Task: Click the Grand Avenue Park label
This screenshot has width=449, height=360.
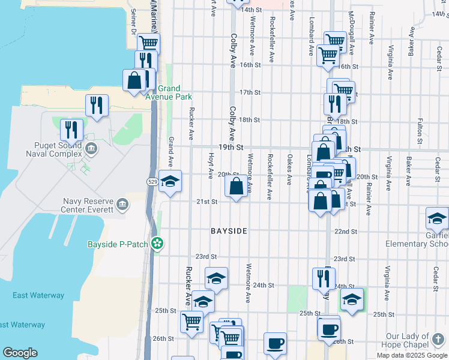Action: pyautogui.click(x=174, y=92)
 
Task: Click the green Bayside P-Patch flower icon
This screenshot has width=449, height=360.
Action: pyautogui.click(x=157, y=244)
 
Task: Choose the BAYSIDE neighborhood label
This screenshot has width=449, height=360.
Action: pyautogui.click(x=229, y=231)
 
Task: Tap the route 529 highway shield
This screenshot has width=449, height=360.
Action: pyautogui.click(x=152, y=181)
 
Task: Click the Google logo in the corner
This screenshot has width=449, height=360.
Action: pyautogui.click(x=20, y=353)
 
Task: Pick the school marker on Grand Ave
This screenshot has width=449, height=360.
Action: pyautogui.click(x=170, y=182)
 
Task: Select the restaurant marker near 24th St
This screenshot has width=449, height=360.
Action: pyautogui.click(x=324, y=277)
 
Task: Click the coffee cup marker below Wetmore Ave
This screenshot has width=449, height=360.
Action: pyautogui.click(x=275, y=343)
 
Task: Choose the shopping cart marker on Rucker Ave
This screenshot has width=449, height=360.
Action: pyautogui.click(x=191, y=320)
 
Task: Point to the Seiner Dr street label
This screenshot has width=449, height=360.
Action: pyautogui.click(x=133, y=23)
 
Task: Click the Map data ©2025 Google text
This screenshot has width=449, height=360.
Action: pyautogui.click(x=411, y=355)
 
